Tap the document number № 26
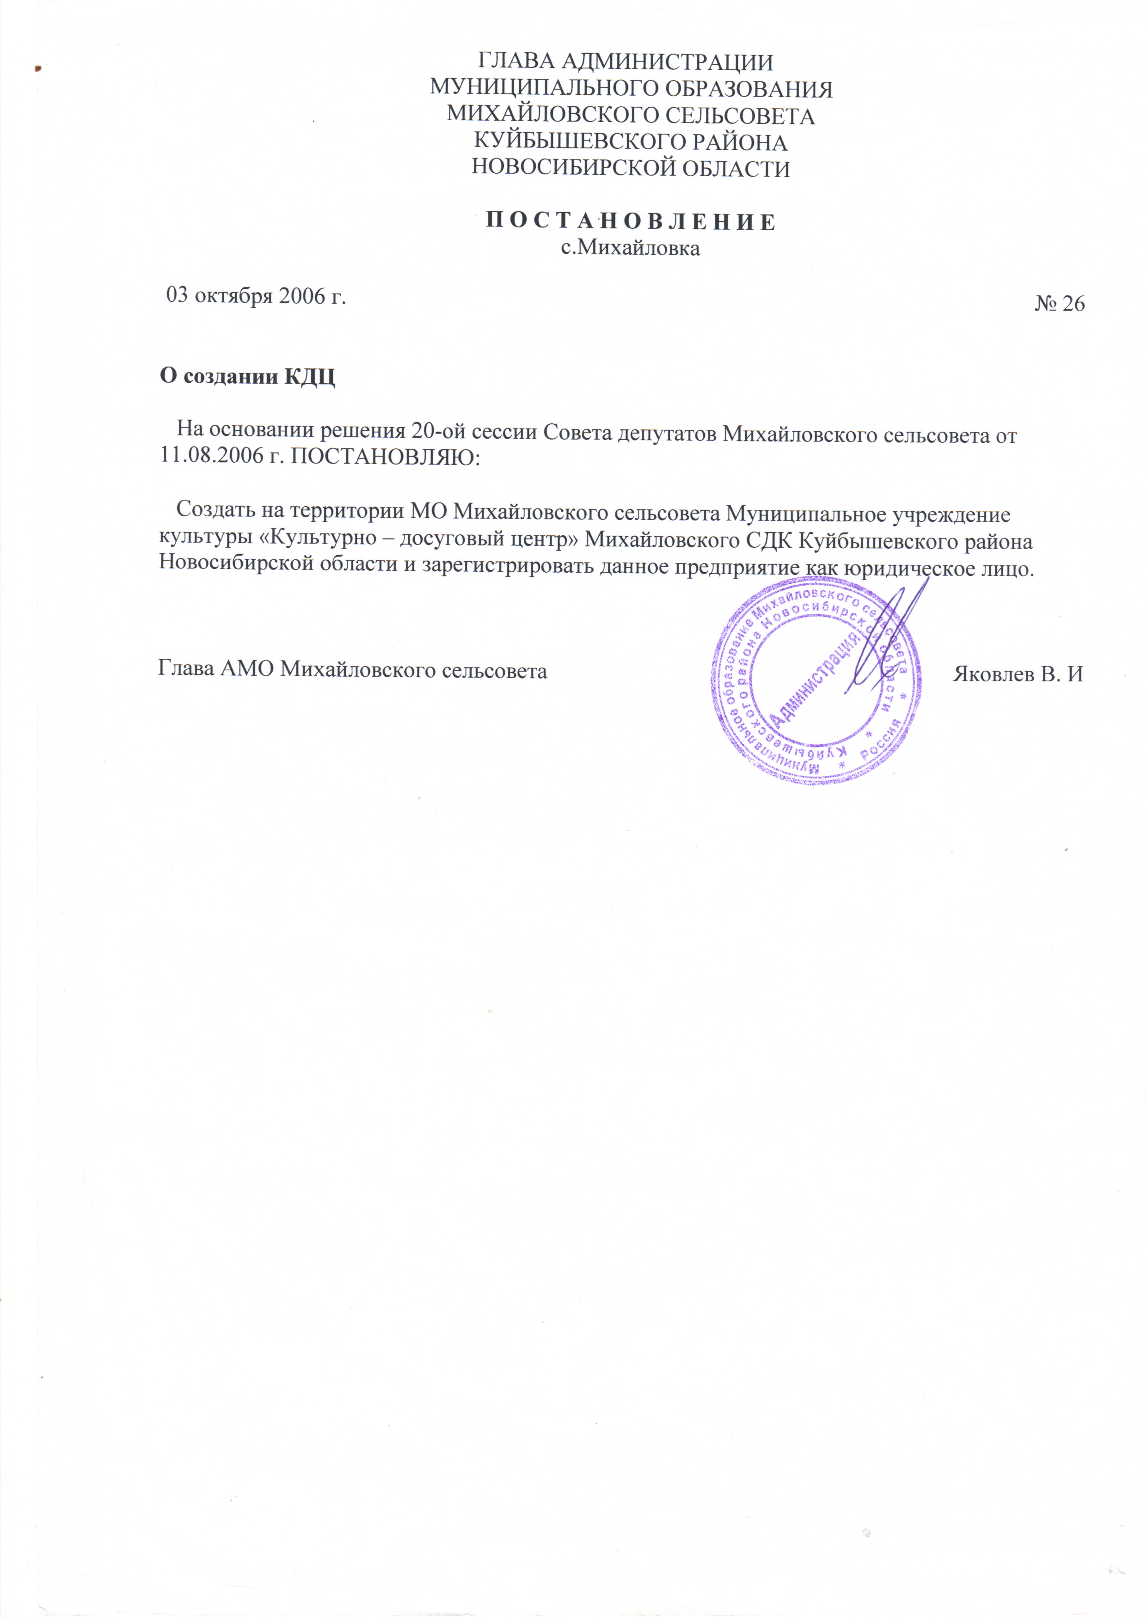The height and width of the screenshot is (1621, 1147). click(x=1060, y=304)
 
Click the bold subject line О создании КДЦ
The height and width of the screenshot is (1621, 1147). click(x=247, y=376)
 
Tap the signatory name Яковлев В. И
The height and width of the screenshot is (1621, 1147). click(x=1018, y=673)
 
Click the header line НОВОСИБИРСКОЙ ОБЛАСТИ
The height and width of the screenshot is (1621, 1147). click(x=631, y=169)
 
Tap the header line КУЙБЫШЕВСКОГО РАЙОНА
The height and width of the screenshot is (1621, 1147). click(x=631, y=142)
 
